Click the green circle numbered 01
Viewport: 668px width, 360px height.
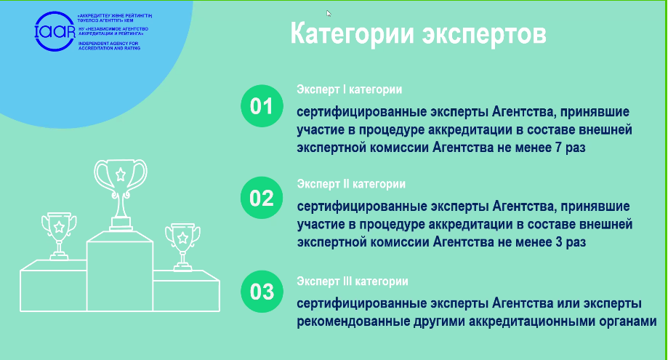tap(262, 106)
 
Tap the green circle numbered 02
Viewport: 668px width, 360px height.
tap(262, 198)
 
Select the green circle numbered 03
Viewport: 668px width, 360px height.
tap(262, 292)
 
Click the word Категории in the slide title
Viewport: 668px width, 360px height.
tap(352, 34)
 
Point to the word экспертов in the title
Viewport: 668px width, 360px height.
tap(484, 35)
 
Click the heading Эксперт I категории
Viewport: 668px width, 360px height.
tap(350, 90)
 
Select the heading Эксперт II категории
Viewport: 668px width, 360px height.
tap(351, 185)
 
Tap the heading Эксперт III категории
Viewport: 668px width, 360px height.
tap(353, 281)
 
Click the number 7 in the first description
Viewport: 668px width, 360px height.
tap(558, 148)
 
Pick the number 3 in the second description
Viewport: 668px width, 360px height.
tap(558, 242)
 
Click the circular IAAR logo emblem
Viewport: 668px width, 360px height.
tap(55, 31)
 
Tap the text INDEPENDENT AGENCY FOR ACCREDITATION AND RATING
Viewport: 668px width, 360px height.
tap(109, 46)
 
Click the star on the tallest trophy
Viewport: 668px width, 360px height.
tap(121, 175)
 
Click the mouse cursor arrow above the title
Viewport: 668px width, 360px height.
tap(329, 13)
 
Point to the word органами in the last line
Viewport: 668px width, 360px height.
tap(627, 321)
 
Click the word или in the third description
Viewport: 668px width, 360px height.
tap(568, 304)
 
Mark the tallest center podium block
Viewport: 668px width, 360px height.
tap(120, 271)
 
